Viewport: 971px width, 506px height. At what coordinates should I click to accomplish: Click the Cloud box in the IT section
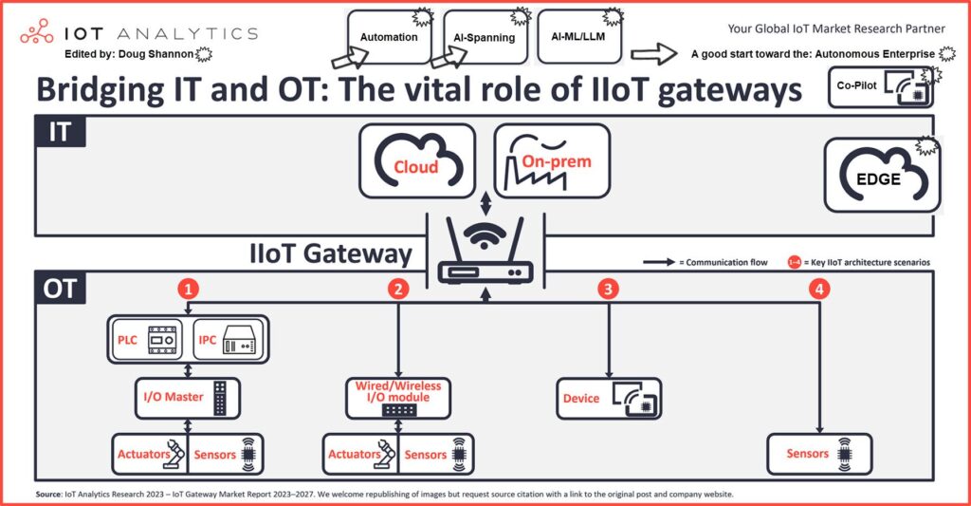pos(416,162)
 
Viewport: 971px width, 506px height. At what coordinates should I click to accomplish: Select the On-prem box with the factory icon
pos(552,161)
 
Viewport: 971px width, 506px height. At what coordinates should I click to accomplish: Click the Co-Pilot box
pos(881,86)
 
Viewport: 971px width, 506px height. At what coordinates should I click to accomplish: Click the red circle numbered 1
pos(191,289)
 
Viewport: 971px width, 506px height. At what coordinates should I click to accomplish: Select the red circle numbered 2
pos(399,289)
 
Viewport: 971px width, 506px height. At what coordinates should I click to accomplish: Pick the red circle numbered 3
pos(608,289)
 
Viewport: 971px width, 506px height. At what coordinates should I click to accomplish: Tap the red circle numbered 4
pos(817,289)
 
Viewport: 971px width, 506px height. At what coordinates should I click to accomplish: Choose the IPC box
pos(227,339)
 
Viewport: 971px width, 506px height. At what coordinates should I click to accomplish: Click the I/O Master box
pos(181,396)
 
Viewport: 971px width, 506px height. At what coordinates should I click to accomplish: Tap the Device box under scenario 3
pos(608,398)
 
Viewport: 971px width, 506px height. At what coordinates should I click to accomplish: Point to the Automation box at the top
pos(390,37)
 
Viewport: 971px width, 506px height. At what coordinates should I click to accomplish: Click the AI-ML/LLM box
pos(577,36)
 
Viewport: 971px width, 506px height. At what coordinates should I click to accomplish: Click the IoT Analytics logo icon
pos(37,31)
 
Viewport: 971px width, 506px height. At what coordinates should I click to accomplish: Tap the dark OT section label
pos(59,289)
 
